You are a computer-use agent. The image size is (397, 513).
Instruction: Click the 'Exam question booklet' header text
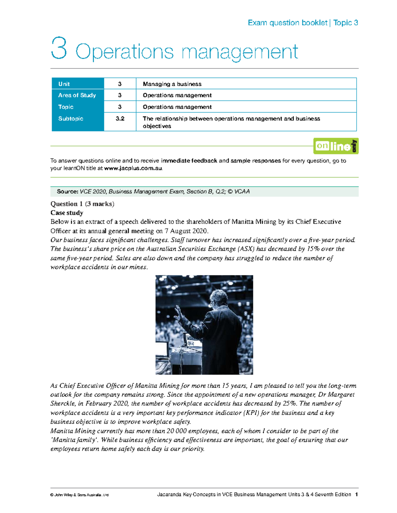pyautogui.click(x=287, y=23)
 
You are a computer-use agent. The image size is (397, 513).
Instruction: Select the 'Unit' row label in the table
pyautogui.click(x=64, y=84)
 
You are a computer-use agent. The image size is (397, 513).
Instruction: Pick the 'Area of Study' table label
pyautogui.click(x=77, y=95)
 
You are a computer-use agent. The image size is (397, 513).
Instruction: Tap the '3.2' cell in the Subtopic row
pyautogui.click(x=120, y=119)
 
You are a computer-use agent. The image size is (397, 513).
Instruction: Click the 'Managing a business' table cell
pyautogui.click(x=172, y=84)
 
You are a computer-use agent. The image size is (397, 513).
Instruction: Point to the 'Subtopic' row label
pyautogui.click(x=70, y=119)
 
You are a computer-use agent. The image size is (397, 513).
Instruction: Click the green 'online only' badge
pyautogui.click(x=336, y=146)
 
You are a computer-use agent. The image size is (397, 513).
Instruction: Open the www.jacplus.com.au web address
pyautogui.click(x=133, y=168)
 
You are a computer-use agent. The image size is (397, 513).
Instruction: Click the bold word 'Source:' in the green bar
pyautogui.click(x=67, y=192)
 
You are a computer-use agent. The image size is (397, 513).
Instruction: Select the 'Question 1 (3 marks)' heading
pyautogui.click(x=82, y=204)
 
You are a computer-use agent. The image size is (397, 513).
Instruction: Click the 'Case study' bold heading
pyautogui.click(x=66, y=213)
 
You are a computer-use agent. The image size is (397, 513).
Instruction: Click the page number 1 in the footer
pyautogui.click(x=356, y=495)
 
